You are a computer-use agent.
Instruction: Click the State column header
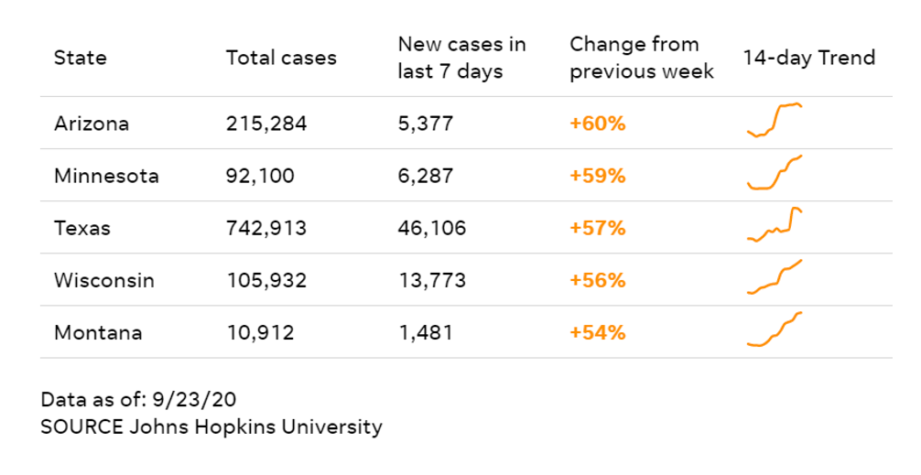80,58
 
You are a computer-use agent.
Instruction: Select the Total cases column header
281,58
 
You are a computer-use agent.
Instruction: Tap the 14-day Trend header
808,58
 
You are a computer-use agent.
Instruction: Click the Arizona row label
92,124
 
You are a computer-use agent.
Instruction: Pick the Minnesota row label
106,176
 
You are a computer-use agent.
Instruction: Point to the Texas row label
81,228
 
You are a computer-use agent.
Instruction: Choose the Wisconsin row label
104,280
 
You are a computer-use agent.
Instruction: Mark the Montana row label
98,332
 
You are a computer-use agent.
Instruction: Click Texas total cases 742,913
266,228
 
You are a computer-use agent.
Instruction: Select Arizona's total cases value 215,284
266,124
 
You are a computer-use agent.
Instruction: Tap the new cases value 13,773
431,280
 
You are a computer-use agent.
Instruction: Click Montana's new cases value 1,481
425,332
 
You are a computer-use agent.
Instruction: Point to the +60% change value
597,124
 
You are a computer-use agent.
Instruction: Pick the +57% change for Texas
597,228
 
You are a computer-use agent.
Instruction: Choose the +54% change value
597,332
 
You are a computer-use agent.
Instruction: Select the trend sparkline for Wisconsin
775,277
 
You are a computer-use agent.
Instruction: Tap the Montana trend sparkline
775,330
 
